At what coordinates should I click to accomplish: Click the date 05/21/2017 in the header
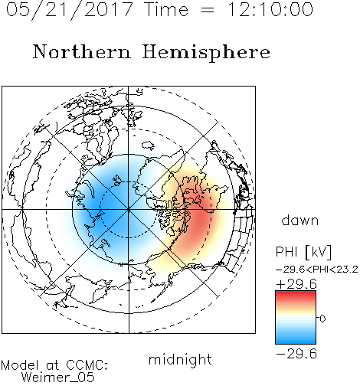[70, 10]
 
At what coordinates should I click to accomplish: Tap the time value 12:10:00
[270, 9]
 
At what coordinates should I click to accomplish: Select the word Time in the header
[166, 9]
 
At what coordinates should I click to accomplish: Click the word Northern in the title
[82, 51]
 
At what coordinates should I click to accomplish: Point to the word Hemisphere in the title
[206, 53]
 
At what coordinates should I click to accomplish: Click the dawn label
[300, 220]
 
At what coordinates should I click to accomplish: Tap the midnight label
[180, 359]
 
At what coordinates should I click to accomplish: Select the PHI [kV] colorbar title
[304, 252]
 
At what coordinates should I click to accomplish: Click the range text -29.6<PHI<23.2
[317, 270]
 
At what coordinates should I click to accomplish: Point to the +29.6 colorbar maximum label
[296, 284]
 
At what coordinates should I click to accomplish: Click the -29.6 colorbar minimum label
[296, 354]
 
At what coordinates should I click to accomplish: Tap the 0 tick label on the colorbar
[322, 319]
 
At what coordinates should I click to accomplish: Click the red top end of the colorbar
[296, 293]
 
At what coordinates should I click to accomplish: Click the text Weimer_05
[58, 377]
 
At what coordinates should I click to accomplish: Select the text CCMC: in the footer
[87, 365]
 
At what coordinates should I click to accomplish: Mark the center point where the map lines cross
[129, 209]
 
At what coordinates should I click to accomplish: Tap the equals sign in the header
[208, 10]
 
